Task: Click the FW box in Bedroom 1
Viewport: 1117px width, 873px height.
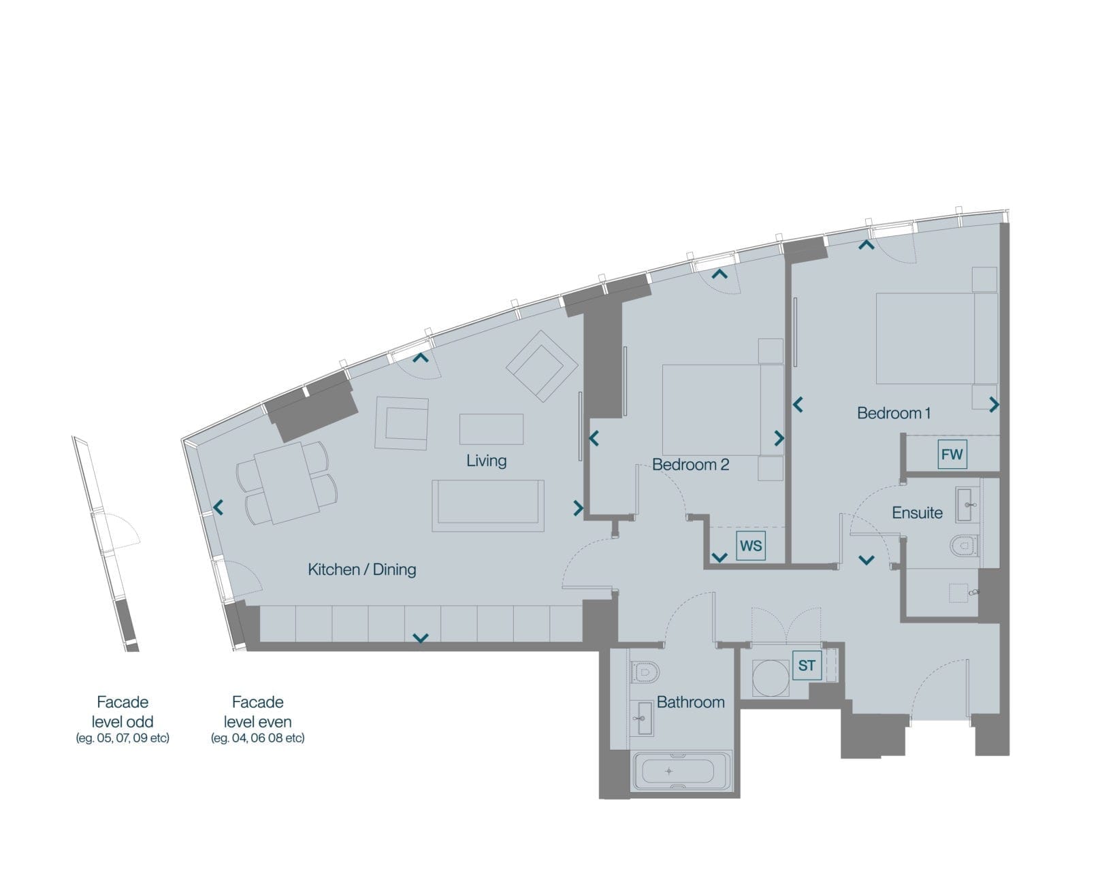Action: coord(952,455)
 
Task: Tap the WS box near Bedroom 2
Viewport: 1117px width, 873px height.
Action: coord(751,545)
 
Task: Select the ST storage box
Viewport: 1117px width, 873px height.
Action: coord(807,665)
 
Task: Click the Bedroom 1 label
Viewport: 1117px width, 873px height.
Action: coord(894,413)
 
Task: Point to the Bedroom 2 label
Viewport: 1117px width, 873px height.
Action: coord(691,465)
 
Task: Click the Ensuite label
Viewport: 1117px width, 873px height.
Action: coord(917,512)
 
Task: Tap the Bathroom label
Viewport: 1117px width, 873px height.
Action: coord(690,702)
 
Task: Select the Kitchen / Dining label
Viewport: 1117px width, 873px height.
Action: coord(362,570)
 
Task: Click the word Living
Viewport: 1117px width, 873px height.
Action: coord(486,461)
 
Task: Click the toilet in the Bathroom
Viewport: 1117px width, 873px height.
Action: coord(645,672)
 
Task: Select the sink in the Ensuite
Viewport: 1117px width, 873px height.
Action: coord(968,505)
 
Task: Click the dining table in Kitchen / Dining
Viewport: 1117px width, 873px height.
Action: coord(287,483)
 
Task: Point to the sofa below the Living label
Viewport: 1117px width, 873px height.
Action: coord(488,506)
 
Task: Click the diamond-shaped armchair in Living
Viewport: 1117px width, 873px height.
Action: coord(542,366)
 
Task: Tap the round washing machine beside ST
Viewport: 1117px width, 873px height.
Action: coord(771,678)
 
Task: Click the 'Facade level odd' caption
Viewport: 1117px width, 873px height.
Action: coord(123,719)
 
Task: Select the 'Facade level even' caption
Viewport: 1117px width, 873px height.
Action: coord(257,719)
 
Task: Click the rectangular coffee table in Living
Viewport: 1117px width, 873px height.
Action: coord(491,429)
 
